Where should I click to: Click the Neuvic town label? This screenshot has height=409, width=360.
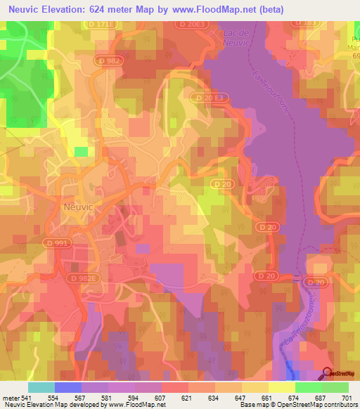click(x=77, y=207)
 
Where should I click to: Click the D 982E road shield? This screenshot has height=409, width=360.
click(x=83, y=279)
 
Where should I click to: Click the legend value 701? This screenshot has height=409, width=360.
click(x=348, y=397)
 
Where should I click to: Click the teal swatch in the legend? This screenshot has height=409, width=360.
click(x=41, y=387)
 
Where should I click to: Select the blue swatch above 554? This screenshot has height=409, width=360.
click(x=67, y=387)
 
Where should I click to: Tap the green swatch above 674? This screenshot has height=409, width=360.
click(x=308, y=387)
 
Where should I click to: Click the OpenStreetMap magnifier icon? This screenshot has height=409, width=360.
click(x=328, y=373)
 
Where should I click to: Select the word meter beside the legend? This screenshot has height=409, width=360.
click(x=10, y=397)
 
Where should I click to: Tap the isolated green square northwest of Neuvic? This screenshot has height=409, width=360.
click(x=82, y=151)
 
